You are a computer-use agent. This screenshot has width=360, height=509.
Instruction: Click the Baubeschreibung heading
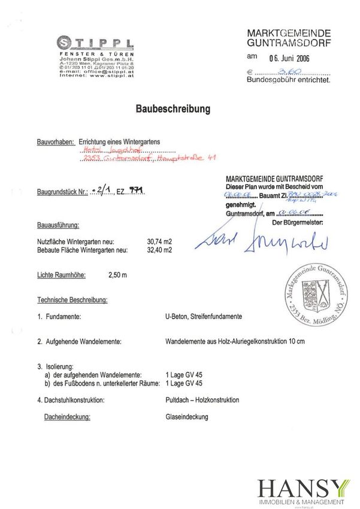tap(180, 110)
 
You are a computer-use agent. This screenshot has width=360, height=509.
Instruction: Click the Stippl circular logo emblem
tap(65, 42)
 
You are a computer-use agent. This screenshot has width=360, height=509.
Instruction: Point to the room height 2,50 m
tap(118, 276)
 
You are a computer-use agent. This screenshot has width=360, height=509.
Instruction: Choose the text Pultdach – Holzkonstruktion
tap(202, 399)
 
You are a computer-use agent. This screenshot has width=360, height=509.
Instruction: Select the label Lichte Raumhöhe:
tap(62, 276)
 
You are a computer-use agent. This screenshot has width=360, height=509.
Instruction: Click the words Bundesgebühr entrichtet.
tap(287, 79)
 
